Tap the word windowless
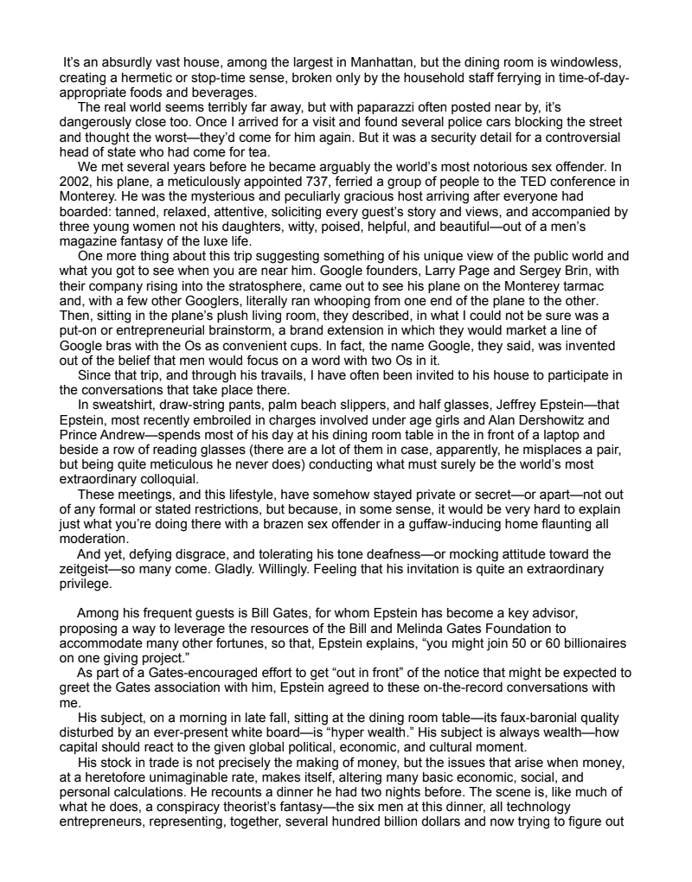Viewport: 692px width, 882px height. tap(589, 64)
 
